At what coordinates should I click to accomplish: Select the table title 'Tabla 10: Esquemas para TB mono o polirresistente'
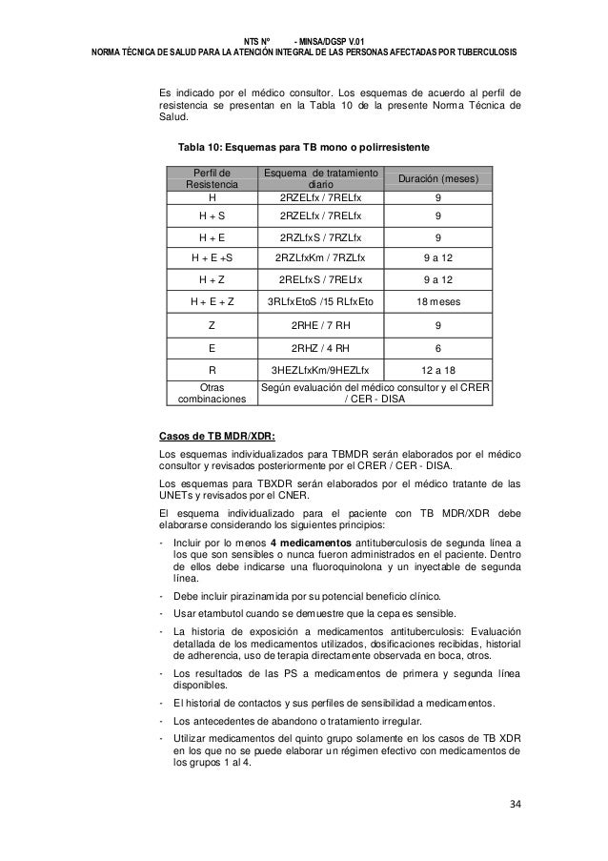pyautogui.click(x=304, y=148)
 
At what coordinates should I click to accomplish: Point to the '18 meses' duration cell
pyautogui.click(x=437, y=301)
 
